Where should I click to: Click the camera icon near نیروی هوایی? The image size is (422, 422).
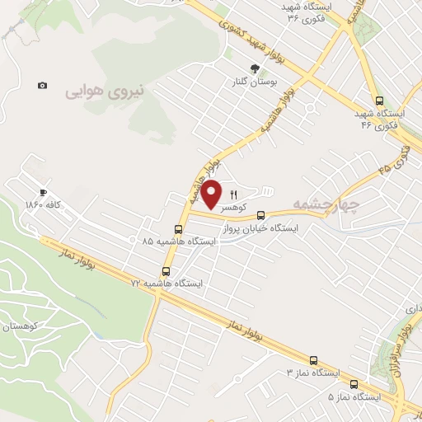pyautogui.click(x=42, y=86)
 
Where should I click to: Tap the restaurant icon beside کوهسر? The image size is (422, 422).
pyautogui.click(x=233, y=195)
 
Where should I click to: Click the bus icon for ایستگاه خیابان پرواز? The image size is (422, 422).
pyautogui.click(x=262, y=215)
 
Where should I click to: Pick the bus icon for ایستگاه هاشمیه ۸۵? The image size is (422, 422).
pyautogui.click(x=178, y=229)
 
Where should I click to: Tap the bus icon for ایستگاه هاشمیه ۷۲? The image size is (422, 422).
pyautogui.click(x=166, y=270)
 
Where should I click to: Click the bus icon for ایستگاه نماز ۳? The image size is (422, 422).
pyautogui.click(x=313, y=360)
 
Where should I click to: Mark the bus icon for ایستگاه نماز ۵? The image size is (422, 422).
pyautogui.click(x=354, y=383)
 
